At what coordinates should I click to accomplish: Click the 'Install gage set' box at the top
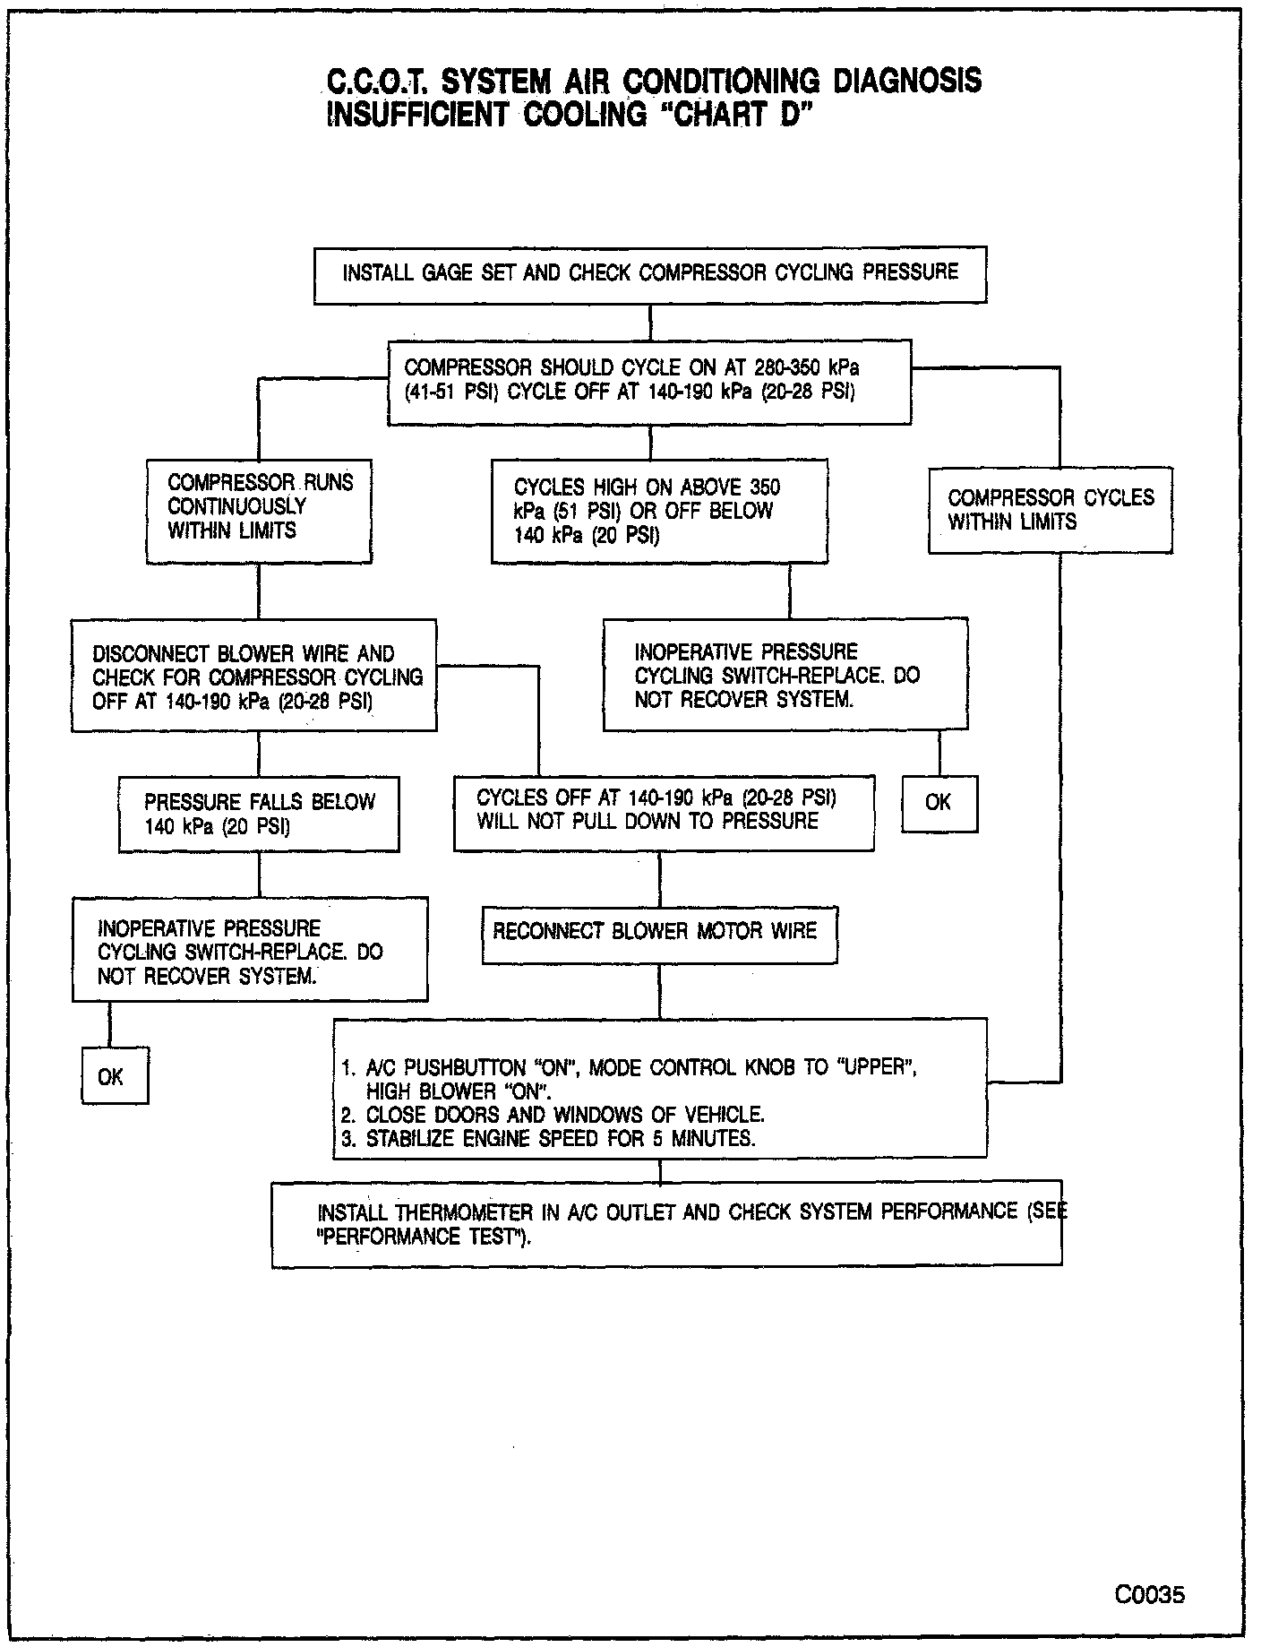(649, 273)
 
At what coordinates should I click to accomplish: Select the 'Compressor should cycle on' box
(649, 381)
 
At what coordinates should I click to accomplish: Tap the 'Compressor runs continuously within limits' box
(259, 512)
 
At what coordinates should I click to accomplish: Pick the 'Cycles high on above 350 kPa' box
(659, 512)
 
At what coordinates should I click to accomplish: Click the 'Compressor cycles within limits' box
(1050, 510)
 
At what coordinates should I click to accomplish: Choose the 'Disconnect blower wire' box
(254, 676)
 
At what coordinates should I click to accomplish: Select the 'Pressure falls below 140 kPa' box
(259, 814)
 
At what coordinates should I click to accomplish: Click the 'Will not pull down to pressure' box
(664, 813)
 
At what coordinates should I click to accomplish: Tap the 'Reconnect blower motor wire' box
(659, 936)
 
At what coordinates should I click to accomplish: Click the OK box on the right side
(939, 803)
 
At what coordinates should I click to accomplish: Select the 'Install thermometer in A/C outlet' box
(666, 1223)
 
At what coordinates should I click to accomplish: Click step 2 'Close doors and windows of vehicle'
(553, 1116)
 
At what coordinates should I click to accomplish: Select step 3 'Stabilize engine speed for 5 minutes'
(548, 1139)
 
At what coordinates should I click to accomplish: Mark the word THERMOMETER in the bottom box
(465, 1213)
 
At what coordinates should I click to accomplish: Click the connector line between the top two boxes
(650, 322)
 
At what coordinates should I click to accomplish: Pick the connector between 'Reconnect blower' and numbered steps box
(660, 991)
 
